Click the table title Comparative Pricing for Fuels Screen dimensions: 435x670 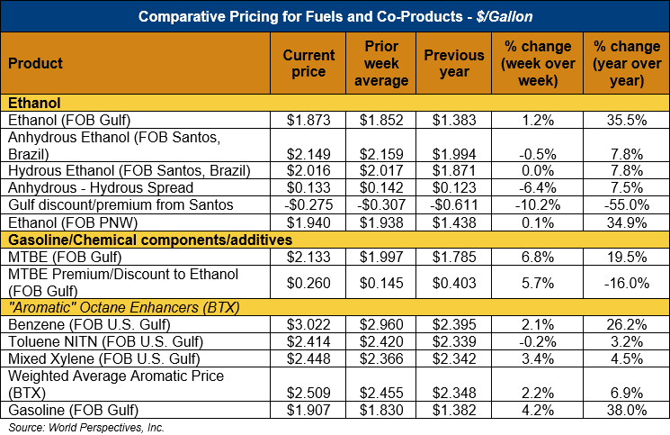(x=335, y=16)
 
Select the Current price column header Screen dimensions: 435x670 (x=308, y=63)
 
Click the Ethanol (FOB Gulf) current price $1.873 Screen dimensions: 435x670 (x=309, y=120)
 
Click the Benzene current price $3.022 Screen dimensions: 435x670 (x=309, y=323)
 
